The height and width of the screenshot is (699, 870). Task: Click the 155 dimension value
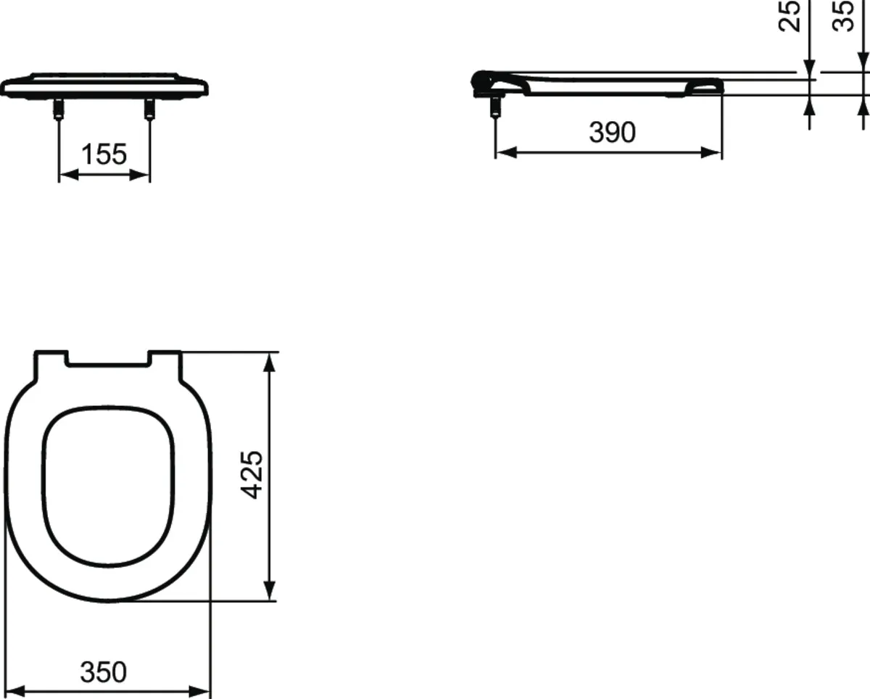tap(104, 154)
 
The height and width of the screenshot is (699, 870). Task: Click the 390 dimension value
tap(612, 133)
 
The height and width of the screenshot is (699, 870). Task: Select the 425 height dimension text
tap(252, 474)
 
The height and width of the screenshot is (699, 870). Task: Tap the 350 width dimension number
tap(103, 672)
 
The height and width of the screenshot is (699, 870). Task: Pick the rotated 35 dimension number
tap(843, 16)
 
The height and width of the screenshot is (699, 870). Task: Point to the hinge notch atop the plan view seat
tap(107, 359)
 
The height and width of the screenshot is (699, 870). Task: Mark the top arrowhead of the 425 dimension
tap(270, 360)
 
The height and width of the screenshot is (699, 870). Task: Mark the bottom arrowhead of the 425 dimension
tap(270, 592)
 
